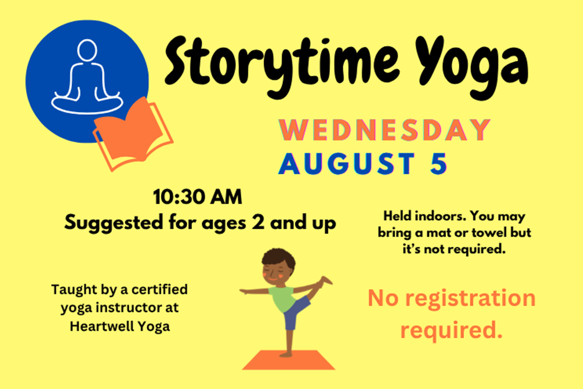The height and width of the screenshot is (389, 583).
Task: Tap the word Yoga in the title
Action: (x=471, y=67)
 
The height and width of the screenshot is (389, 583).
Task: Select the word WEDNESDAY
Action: (x=385, y=130)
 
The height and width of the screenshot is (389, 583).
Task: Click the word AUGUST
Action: (x=346, y=163)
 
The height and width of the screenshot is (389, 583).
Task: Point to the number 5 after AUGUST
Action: (x=438, y=163)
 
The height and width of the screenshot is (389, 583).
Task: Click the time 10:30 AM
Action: (x=198, y=197)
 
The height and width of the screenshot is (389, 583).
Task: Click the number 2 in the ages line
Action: (x=258, y=222)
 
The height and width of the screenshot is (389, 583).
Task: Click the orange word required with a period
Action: (x=451, y=330)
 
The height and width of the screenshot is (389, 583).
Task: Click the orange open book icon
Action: (x=133, y=134)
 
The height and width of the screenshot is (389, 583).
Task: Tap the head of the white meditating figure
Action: (x=87, y=50)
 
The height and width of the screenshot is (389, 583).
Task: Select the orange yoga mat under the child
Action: (x=289, y=360)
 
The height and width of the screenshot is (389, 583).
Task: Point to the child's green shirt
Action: (x=283, y=297)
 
